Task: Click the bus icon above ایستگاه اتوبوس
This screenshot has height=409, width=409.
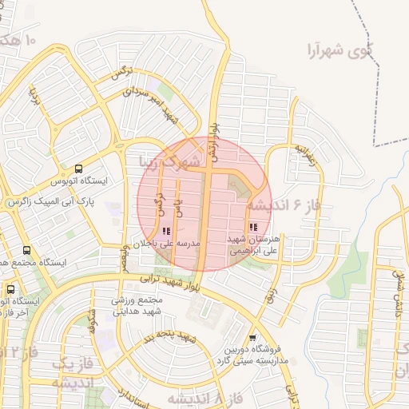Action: (x=78, y=169)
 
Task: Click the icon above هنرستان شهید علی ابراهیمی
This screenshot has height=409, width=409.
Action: (x=253, y=228)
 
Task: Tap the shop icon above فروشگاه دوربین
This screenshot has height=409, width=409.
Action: (x=253, y=337)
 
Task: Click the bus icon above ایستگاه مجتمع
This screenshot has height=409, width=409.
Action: (x=28, y=250)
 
